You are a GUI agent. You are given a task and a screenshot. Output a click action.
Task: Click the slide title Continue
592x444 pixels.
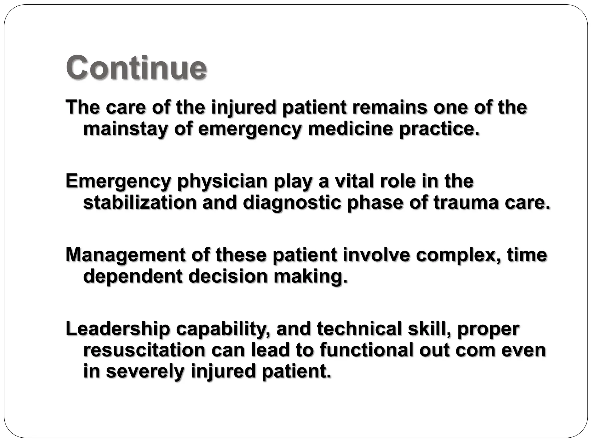(136, 68)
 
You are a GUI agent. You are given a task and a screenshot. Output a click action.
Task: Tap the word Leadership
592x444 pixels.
(118, 329)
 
